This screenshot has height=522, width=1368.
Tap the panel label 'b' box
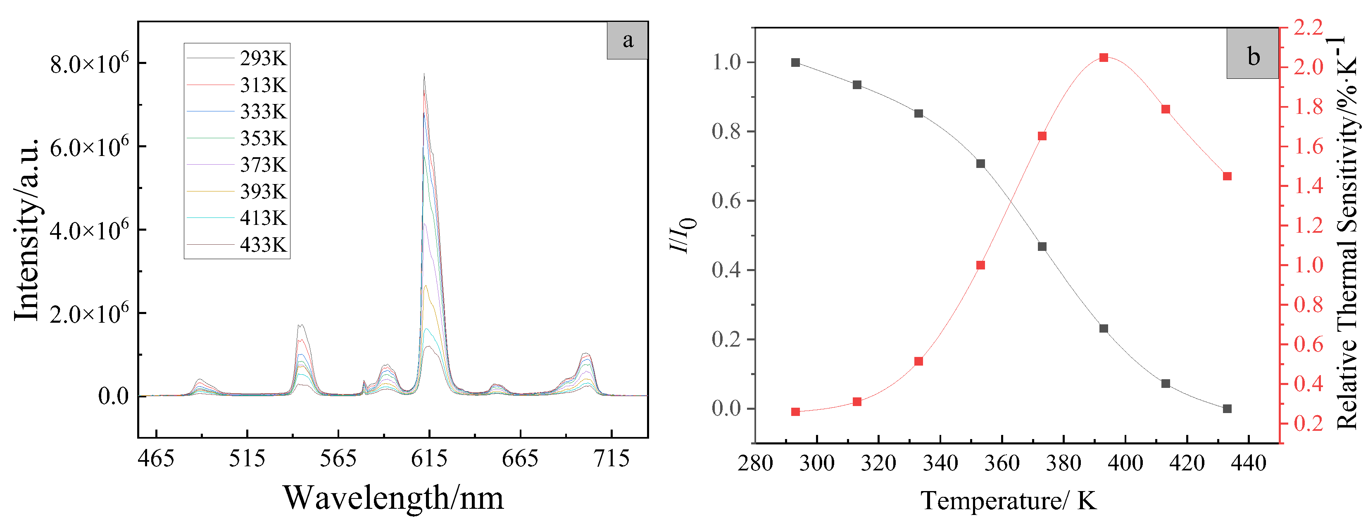[1252, 54]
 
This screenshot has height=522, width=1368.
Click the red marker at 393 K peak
[1104, 57]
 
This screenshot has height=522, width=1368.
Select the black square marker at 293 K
[795, 63]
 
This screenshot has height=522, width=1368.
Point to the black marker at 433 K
[1227, 409]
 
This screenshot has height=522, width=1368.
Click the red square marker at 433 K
[1227, 176]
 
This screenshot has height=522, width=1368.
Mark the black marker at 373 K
[1042, 247]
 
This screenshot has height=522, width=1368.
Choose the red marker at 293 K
[795, 412]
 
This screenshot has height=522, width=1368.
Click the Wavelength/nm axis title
[393, 498]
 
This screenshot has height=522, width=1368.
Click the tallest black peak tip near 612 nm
[424, 74]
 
